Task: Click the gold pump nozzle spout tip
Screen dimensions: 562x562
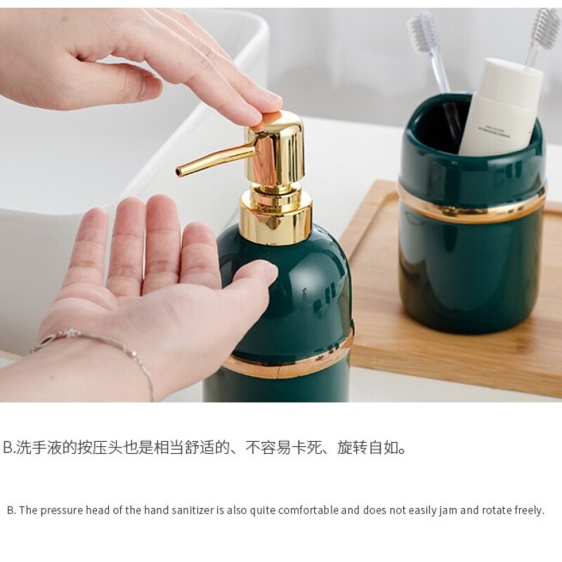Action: pyautogui.click(x=178, y=172)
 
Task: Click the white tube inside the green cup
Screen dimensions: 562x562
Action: pyautogui.click(x=501, y=107)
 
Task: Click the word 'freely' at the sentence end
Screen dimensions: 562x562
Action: pyautogui.click(x=530, y=511)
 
